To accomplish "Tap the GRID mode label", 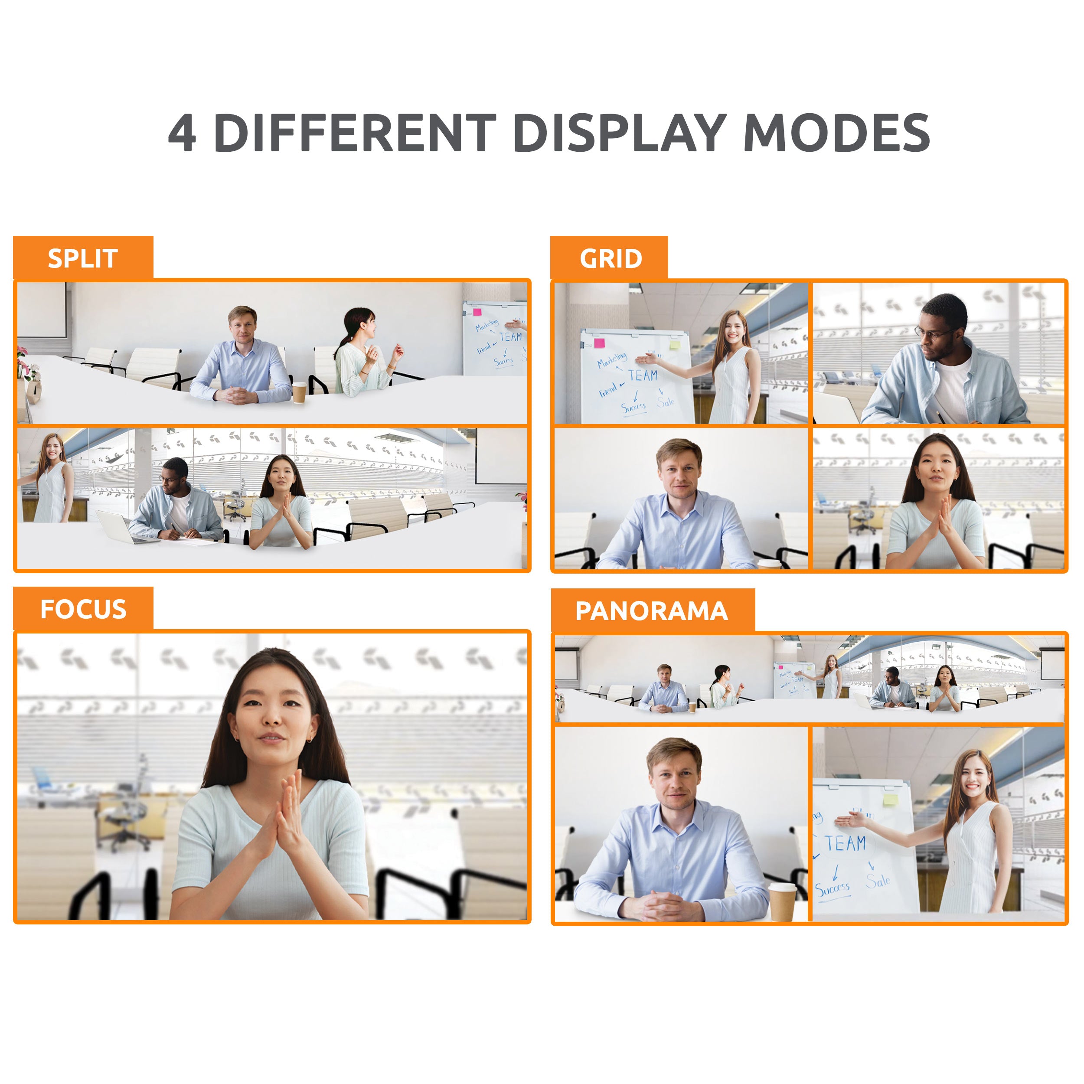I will coord(611,259).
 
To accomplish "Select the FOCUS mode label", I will coord(83,609).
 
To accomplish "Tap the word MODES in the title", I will coord(836,133).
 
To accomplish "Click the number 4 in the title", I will coord(183,133).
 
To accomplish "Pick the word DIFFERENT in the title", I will coord(355,133).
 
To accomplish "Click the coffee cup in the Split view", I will coord(299,392).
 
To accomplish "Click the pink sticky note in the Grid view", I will coord(599,343).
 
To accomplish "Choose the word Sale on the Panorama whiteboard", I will coord(878,881).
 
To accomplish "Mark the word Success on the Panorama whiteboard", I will coord(832,889).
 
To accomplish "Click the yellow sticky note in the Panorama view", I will coord(890,799).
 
